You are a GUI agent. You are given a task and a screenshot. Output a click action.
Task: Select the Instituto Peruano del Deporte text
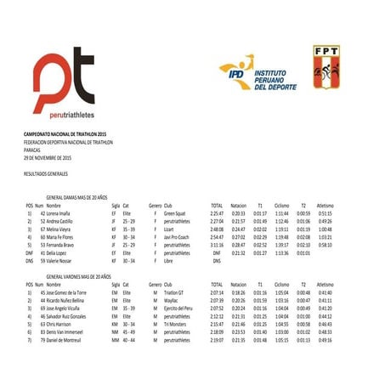tap(275, 81)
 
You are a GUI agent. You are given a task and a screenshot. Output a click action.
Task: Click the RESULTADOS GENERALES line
tap(46, 172)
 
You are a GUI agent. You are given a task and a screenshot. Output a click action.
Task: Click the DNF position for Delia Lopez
tap(29, 253)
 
